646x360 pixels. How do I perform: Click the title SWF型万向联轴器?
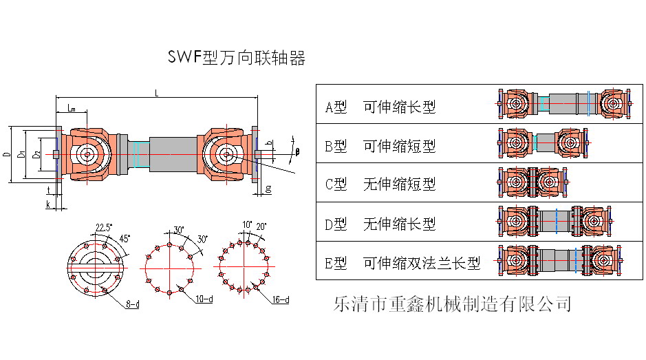click(x=237, y=58)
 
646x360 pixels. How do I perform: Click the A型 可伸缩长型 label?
click(x=380, y=107)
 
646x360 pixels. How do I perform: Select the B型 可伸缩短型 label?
click(x=380, y=146)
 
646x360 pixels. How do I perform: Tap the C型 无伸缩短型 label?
click(x=380, y=184)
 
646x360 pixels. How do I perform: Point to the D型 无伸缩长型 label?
click(x=380, y=224)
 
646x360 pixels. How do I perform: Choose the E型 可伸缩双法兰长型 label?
click(x=402, y=263)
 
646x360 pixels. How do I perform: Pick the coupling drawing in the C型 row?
click(x=532, y=182)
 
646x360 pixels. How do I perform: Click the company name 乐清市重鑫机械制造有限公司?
click(x=451, y=303)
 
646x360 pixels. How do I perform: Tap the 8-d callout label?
click(x=133, y=304)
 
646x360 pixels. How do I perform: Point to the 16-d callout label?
click(x=281, y=300)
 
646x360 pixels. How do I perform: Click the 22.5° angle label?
click(x=104, y=227)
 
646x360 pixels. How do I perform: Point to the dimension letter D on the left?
click(x=8, y=156)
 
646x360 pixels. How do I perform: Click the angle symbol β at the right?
click(x=297, y=151)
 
